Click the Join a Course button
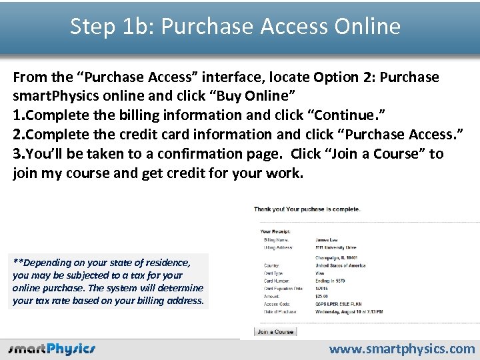pos(275,331)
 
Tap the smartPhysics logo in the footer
pos(52,349)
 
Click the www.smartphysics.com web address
pos(402,349)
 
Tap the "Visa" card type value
pos(321,273)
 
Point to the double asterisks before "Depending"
pos(17,262)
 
